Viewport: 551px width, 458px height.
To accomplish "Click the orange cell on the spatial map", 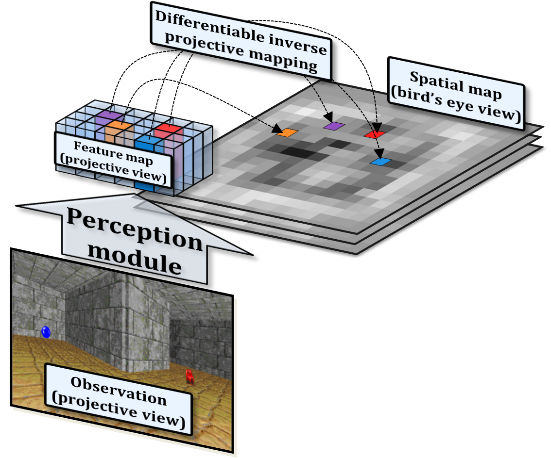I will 287,132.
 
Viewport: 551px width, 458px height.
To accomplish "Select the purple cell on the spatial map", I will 334,126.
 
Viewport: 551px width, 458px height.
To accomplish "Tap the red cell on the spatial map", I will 374,134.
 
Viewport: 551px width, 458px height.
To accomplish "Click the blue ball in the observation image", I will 46,332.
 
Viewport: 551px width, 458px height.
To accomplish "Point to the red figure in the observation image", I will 189,376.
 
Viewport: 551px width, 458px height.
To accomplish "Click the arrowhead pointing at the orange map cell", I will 277,130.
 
